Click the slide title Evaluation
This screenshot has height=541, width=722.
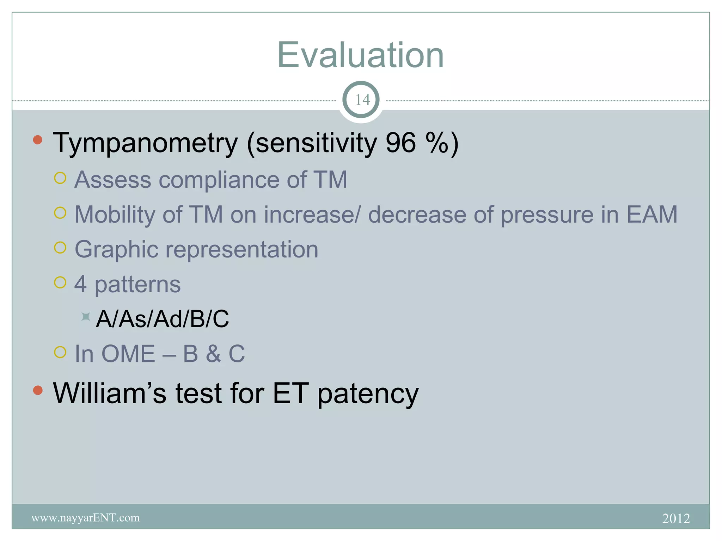pyautogui.click(x=360, y=55)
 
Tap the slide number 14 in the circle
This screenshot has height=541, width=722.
pyautogui.click(x=362, y=100)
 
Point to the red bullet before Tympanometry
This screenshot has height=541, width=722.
pyautogui.click(x=38, y=140)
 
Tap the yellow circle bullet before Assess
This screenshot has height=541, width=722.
pyautogui.click(x=60, y=178)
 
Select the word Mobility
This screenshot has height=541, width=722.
pyautogui.click(x=114, y=214)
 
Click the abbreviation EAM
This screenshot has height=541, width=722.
pyautogui.click(x=651, y=214)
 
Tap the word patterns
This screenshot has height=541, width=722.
pyautogui.click(x=137, y=285)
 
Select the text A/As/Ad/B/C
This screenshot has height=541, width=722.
pyautogui.click(x=162, y=319)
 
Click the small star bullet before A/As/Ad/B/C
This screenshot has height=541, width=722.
pyautogui.click(x=85, y=317)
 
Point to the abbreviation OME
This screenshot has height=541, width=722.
pyautogui.click(x=128, y=354)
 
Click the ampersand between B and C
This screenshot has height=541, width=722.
pyautogui.click(x=213, y=354)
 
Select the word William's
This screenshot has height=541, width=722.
pyautogui.click(x=109, y=393)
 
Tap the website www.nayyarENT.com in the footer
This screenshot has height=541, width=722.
pyautogui.click(x=85, y=518)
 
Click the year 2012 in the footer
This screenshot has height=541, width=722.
pyautogui.click(x=676, y=518)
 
